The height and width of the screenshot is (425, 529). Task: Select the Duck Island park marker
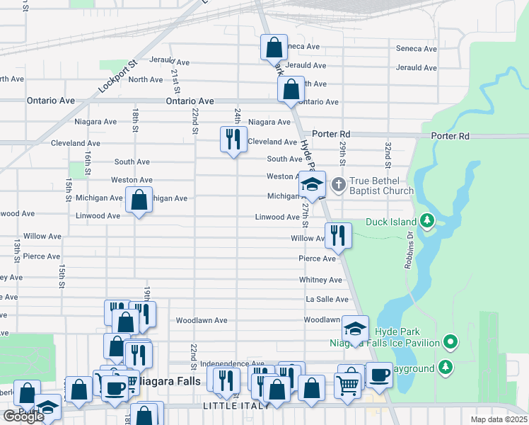427,221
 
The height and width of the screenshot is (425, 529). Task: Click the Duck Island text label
392,222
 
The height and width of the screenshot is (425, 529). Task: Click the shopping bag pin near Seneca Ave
273,48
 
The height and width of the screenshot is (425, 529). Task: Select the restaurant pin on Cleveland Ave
233,139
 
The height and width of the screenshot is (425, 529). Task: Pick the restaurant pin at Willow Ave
338,236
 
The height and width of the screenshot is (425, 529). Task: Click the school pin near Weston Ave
311,185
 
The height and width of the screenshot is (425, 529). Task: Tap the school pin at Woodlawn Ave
355,329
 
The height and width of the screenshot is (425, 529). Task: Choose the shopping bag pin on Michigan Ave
139,200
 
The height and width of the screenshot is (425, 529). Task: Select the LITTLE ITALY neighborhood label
236,405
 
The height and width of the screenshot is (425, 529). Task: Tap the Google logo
23,416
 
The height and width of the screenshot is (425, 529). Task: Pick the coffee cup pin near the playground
379,375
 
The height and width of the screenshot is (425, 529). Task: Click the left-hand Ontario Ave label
51,101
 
